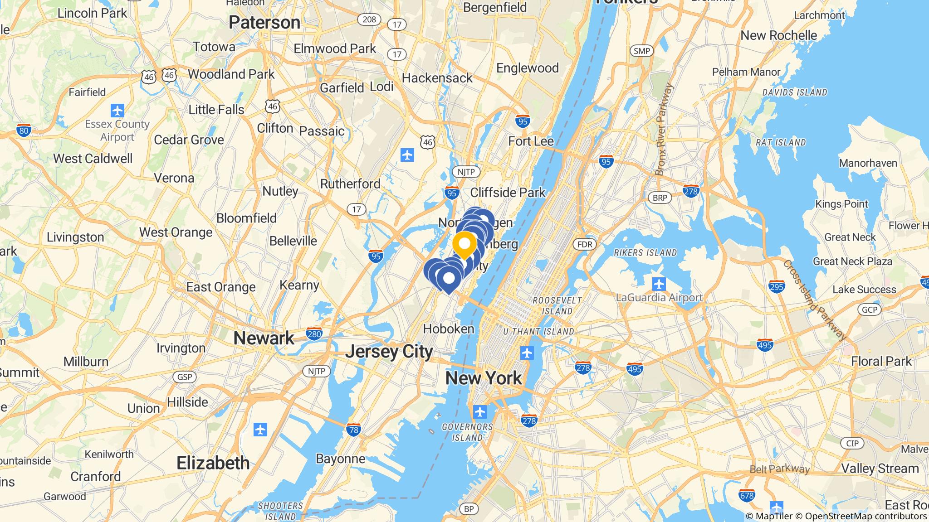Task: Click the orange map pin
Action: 464,244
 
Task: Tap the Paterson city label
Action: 264,23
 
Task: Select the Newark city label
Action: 264,338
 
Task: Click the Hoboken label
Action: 449,329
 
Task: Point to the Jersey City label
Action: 389,352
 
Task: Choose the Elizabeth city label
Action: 213,463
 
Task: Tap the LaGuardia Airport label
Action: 659,298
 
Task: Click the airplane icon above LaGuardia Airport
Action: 659,285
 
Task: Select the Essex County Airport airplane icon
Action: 117,110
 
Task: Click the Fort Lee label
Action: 531,141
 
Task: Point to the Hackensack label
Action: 437,78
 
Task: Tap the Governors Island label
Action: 467,432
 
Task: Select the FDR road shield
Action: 585,245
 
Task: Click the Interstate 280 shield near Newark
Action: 314,334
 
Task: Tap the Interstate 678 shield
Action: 747,495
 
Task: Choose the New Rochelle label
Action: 778,35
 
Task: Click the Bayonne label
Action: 340,459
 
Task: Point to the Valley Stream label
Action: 880,469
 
